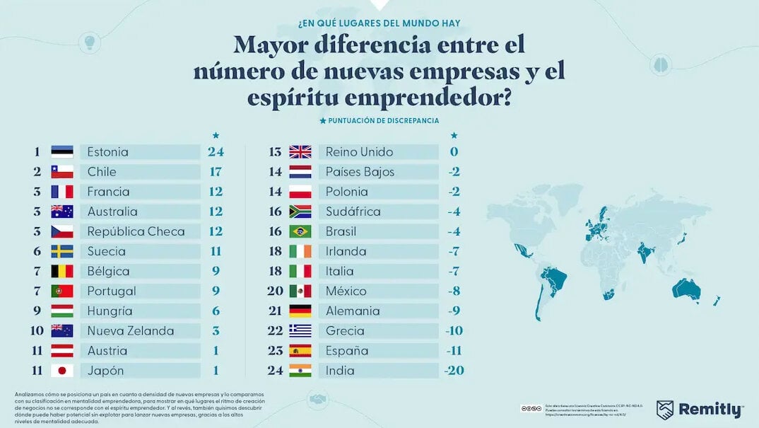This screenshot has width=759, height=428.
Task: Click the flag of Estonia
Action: coord(62,151)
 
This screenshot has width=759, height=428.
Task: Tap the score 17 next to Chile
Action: coord(216,172)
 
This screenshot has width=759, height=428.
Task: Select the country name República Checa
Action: coord(136,231)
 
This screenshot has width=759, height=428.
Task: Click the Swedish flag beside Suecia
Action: coord(62,251)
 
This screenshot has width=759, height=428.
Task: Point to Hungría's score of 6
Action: coord(216,311)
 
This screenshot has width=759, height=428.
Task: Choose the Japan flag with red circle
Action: coord(62,371)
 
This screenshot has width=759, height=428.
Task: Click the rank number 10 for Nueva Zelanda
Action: coord(37,331)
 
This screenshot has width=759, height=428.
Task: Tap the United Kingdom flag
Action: coord(300,151)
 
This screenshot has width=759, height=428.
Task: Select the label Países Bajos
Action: coord(360,172)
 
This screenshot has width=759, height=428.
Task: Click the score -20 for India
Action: coord(454,371)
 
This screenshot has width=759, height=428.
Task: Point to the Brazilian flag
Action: coord(300,231)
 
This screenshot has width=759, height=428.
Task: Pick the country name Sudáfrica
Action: coord(353,212)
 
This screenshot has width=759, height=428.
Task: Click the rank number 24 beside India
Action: coord(276,371)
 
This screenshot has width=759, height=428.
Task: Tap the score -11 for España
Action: coord(454,351)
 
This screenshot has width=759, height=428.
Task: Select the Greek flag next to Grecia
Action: coord(300,331)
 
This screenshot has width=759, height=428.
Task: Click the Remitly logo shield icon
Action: coord(665,410)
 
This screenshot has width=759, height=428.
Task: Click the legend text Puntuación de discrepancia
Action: coord(384,121)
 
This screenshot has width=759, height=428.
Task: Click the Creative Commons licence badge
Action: coord(531,408)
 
